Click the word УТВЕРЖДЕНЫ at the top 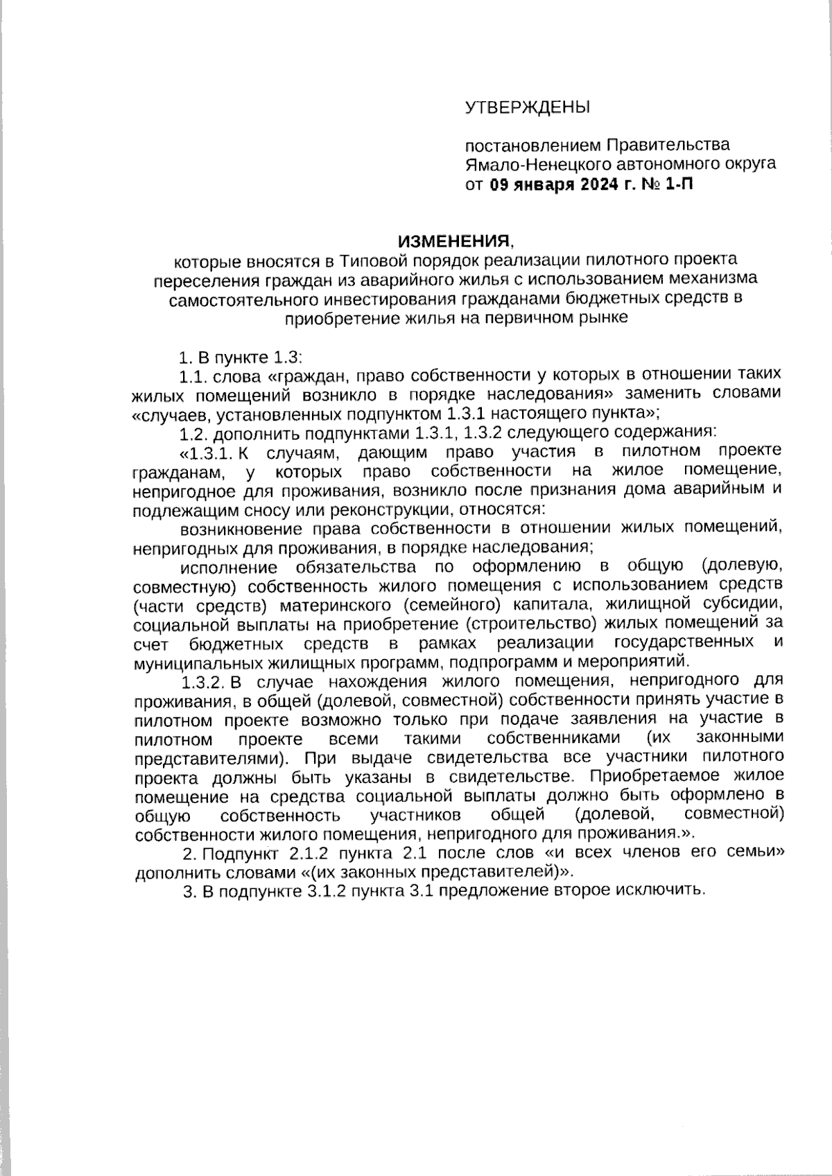(526, 107)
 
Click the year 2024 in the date (591, 185)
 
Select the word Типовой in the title (374, 261)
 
